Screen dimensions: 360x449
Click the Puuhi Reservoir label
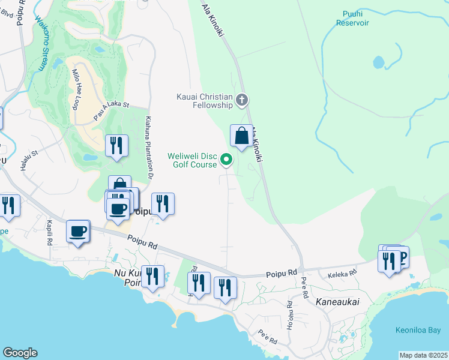(352, 19)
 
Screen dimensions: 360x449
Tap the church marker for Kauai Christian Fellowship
(242, 100)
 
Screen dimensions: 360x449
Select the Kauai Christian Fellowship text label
(205, 101)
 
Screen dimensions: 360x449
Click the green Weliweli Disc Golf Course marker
(226, 160)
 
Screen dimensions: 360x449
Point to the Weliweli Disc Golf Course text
(191, 160)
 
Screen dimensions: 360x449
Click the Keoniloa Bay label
(418, 330)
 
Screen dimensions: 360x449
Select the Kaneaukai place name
(337, 302)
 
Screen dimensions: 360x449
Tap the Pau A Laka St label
(111, 104)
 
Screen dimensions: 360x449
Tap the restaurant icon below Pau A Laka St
(116, 146)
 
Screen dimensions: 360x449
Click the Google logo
(20, 353)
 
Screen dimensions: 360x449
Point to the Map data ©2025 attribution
(423, 355)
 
